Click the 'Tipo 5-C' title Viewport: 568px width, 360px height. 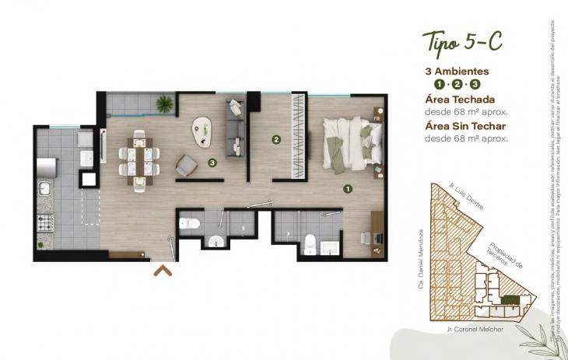click(462, 41)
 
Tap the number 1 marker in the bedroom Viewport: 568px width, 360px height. click(348, 187)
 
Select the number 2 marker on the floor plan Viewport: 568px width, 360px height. click(276, 141)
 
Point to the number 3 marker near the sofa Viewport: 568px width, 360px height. click(212, 163)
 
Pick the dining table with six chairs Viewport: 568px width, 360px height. click(139, 156)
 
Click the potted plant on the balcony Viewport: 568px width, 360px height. click(164, 103)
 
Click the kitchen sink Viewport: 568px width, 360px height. click(44, 188)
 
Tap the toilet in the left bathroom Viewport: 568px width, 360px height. click(190, 224)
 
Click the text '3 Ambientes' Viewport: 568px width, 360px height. click(457, 70)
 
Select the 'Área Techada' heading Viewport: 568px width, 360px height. click(460, 100)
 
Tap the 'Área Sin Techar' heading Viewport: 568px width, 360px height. click(466, 127)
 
